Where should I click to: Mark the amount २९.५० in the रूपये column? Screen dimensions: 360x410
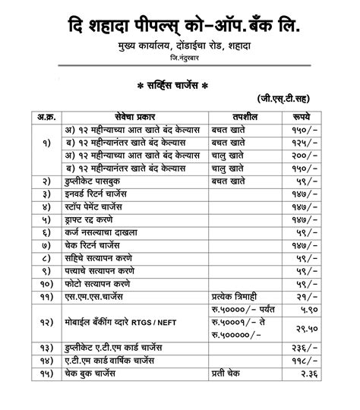click(298, 330)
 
